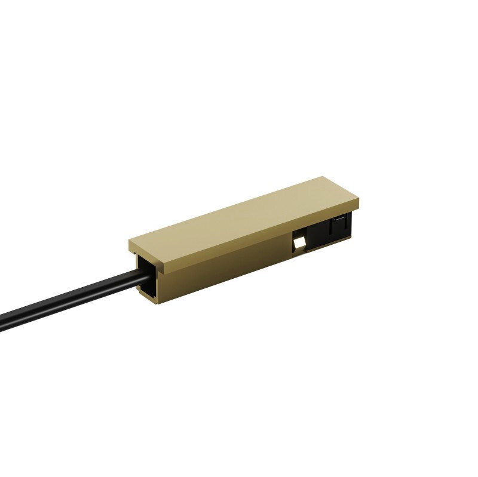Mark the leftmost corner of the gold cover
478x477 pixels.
(x=129, y=241)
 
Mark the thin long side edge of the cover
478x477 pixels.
(x=263, y=236)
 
